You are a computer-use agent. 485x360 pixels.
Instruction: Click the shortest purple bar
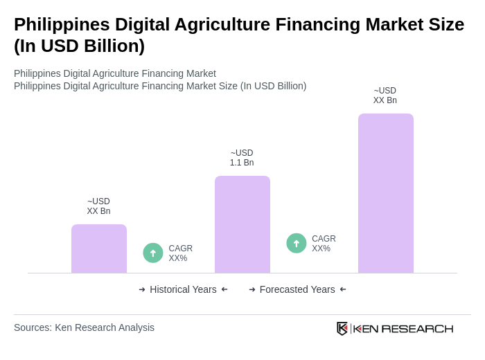pyautogui.click(x=99, y=249)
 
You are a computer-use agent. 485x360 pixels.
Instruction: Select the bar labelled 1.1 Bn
pyautogui.click(x=242, y=224)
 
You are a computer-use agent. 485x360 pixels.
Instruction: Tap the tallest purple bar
pyautogui.click(x=386, y=193)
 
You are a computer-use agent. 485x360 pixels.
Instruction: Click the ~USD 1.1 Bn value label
pyautogui.click(x=242, y=158)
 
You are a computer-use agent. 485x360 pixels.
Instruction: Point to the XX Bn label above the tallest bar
pyautogui.click(x=385, y=96)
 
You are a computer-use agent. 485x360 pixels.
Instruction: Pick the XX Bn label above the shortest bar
pyautogui.click(x=98, y=206)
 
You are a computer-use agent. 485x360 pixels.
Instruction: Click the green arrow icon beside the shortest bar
pyautogui.click(x=153, y=253)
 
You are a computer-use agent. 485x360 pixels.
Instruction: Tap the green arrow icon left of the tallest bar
pyautogui.click(x=297, y=243)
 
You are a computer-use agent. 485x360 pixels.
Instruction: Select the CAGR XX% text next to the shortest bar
pyautogui.click(x=180, y=253)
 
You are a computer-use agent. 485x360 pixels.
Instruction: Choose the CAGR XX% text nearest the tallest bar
pyautogui.click(x=324, y=244)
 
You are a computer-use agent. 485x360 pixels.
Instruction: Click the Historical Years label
pyautogui.click(x=183, y=289)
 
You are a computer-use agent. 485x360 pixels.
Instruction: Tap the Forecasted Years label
pyautogui.click(x=297, y=289)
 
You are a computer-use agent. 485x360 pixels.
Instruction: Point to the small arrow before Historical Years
pyautogui.click(x=142, y=289)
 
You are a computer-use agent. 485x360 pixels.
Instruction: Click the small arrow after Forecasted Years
pyautogui.click(x=343, y=289)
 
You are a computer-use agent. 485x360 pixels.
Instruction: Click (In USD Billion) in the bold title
pyautogui.click(x=80, y=46)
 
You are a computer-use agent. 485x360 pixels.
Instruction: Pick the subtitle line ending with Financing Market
pyautogui.click(x=115, y=73)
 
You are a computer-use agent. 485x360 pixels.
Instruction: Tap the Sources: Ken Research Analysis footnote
pyautogui.click(x=84, y=327)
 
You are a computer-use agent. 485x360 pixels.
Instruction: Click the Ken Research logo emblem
pyautogui.click(x=342, y=328)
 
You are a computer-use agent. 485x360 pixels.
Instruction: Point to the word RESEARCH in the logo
pyautogui.click(x=417, y=328)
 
